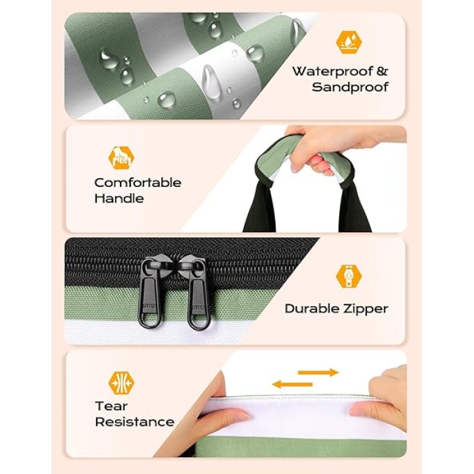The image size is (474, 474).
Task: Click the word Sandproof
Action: click(x=350, y=87)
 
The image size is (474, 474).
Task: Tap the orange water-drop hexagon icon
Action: click(x=349, y=42)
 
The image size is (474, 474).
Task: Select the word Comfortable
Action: click(x=138, y=183)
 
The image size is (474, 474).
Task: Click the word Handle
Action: click(x=119, y=198)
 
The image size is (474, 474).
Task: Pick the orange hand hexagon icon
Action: click(x=121, y=158)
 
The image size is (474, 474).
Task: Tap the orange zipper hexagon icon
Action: click(x=349, y=276)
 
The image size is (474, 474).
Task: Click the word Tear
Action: click(x=111, y=406)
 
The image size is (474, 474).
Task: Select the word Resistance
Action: click(x=135, y=422)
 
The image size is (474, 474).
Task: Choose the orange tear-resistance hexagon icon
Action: click(x=121, y=383)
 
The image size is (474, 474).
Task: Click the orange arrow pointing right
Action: click(x=318, y=372)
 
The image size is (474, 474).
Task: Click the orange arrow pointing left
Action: click(x=292, y=385)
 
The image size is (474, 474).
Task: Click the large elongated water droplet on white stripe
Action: click(x=210, y=82)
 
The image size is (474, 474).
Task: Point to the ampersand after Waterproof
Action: click(x=382, y=71)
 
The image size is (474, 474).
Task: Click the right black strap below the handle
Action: click(x=354, y=209)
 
